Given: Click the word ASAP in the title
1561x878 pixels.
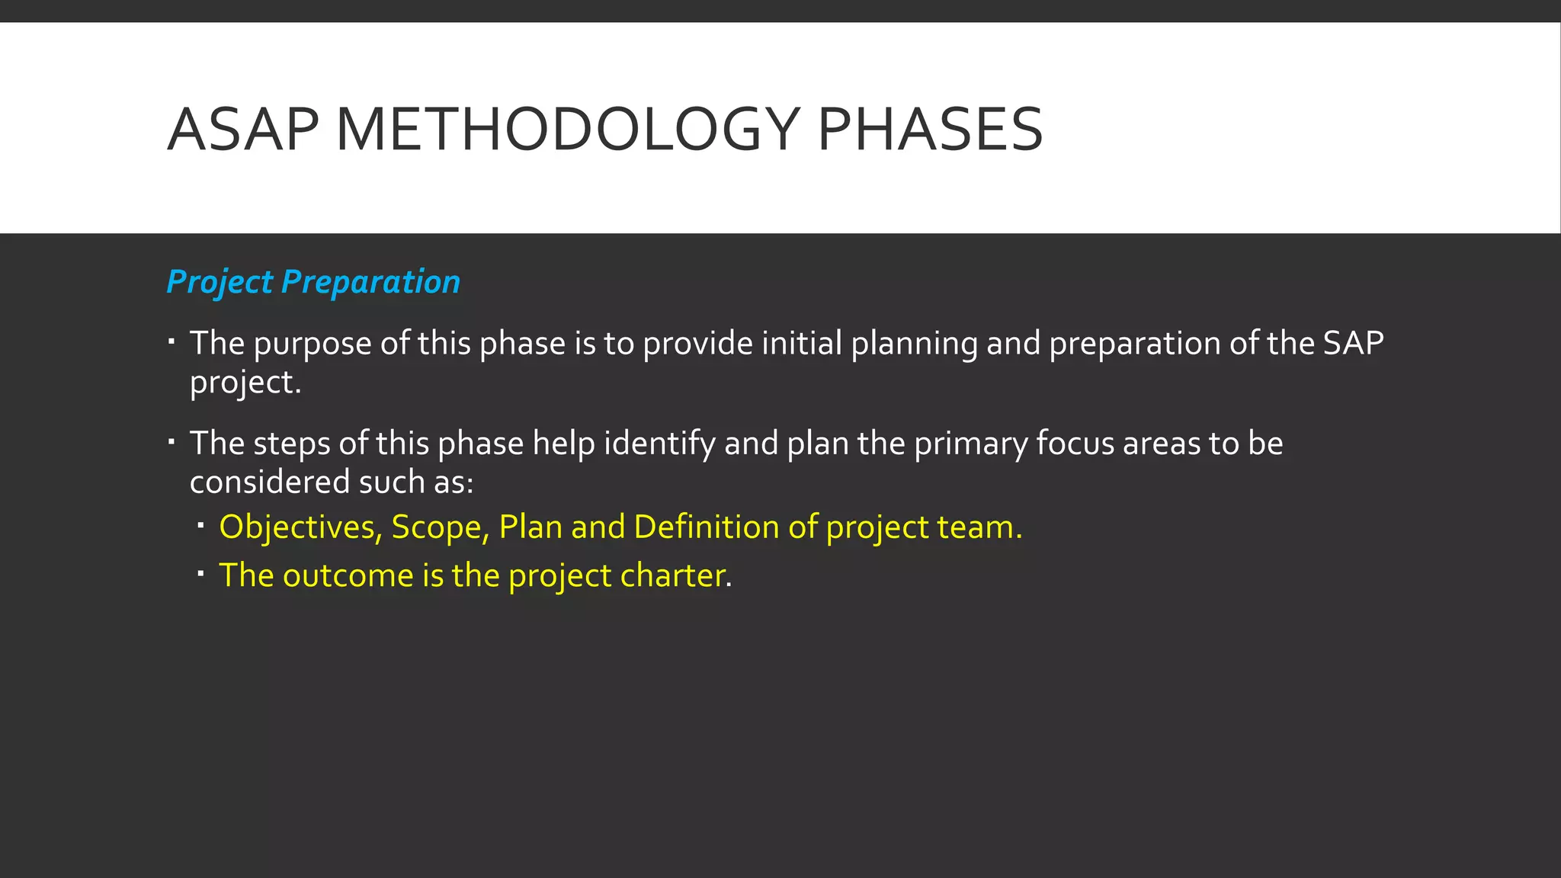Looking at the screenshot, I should coord(242,130).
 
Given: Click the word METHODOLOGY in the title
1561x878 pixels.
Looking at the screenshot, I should coord(568,130).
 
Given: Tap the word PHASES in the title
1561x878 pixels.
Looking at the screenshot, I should coord(929,130).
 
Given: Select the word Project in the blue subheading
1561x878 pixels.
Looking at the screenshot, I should coord(220,283).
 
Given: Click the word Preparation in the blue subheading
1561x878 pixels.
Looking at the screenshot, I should coord(370,283).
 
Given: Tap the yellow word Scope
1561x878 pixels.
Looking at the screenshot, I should coord(440,528).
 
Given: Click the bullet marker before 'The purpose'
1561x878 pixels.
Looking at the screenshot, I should coord(172,341).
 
